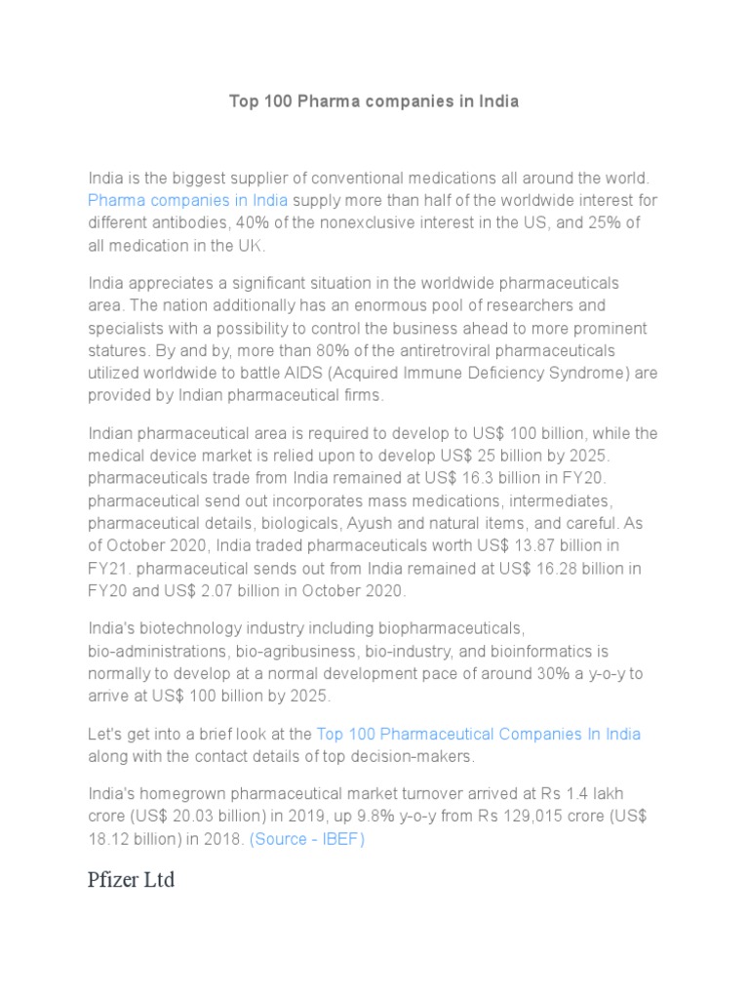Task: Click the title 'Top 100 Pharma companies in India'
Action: pos(374,101)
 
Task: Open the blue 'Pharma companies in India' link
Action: pos(187,201)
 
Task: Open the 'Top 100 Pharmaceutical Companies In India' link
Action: pos(479,734)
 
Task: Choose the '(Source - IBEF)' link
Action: pos(307,839)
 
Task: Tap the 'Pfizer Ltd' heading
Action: pos(132,880)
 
